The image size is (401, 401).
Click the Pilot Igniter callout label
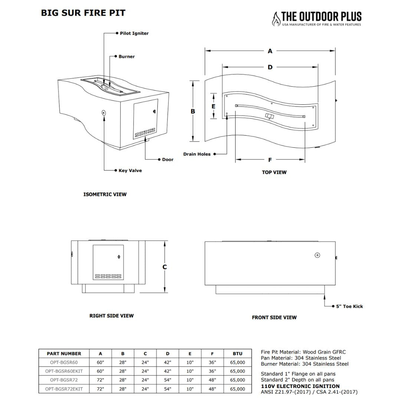134,33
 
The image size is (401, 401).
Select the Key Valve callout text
130,171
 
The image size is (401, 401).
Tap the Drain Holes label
196,154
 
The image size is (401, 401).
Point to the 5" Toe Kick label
349,306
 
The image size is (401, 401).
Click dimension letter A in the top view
270,51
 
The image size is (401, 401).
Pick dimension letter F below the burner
270,160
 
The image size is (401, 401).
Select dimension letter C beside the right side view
164,267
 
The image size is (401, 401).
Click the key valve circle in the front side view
317,255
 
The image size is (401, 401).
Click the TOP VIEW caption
274,172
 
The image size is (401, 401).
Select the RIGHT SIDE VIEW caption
111,316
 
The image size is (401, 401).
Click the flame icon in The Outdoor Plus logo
276,19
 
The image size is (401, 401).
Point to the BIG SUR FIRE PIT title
83,13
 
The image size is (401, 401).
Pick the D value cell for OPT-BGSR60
167,362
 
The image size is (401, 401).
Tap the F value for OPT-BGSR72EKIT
212,389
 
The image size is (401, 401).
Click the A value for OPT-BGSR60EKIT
100,371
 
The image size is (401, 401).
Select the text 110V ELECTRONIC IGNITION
300,386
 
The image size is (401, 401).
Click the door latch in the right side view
119,257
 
